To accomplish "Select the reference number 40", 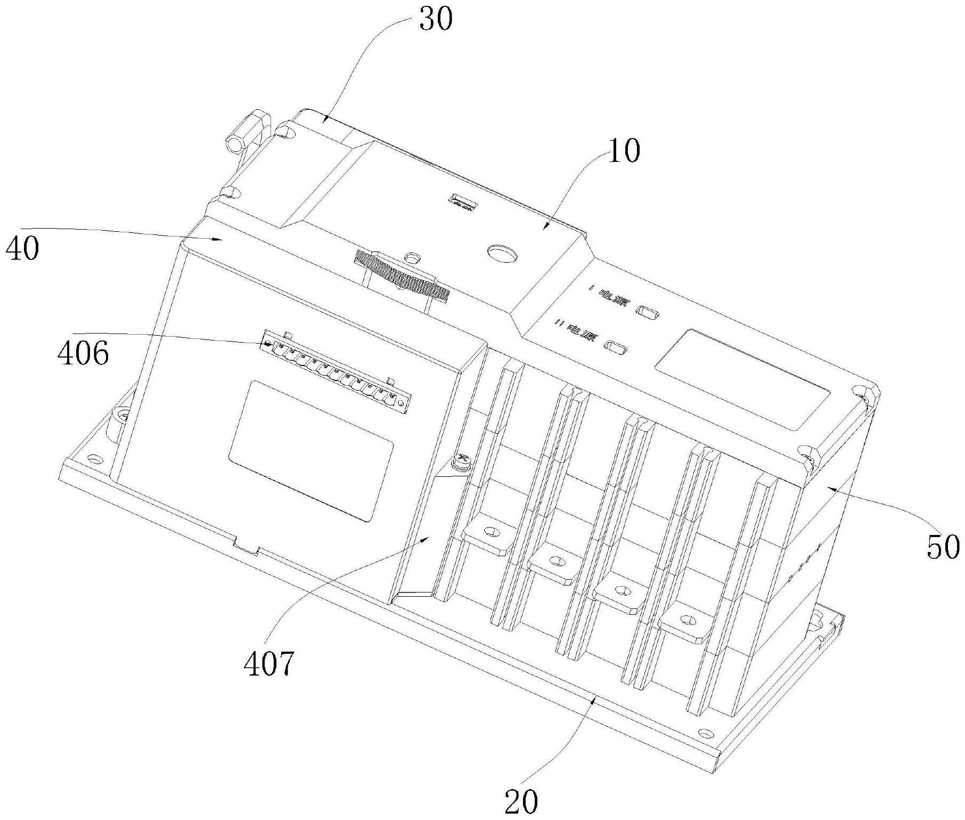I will pyautogui.click(x=22, y=248).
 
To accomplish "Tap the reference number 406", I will pyautogui.click(x=83, y=353).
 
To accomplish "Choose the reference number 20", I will pyautogui.click(x=521, y=801).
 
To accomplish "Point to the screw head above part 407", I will pyautogui.click(x=461, y=461).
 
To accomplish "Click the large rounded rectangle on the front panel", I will pyautogui.click(x=311, y=451).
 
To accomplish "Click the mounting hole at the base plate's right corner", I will pyautogui.click(x=706, y=733).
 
